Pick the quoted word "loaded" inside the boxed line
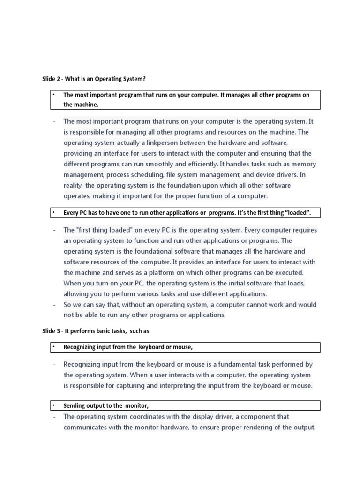click(x=297, y=213)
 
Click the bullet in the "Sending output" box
click(x=54, y=405)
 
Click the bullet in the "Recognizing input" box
click(x=54, y=347)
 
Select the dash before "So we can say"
click(x=54, y=305)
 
